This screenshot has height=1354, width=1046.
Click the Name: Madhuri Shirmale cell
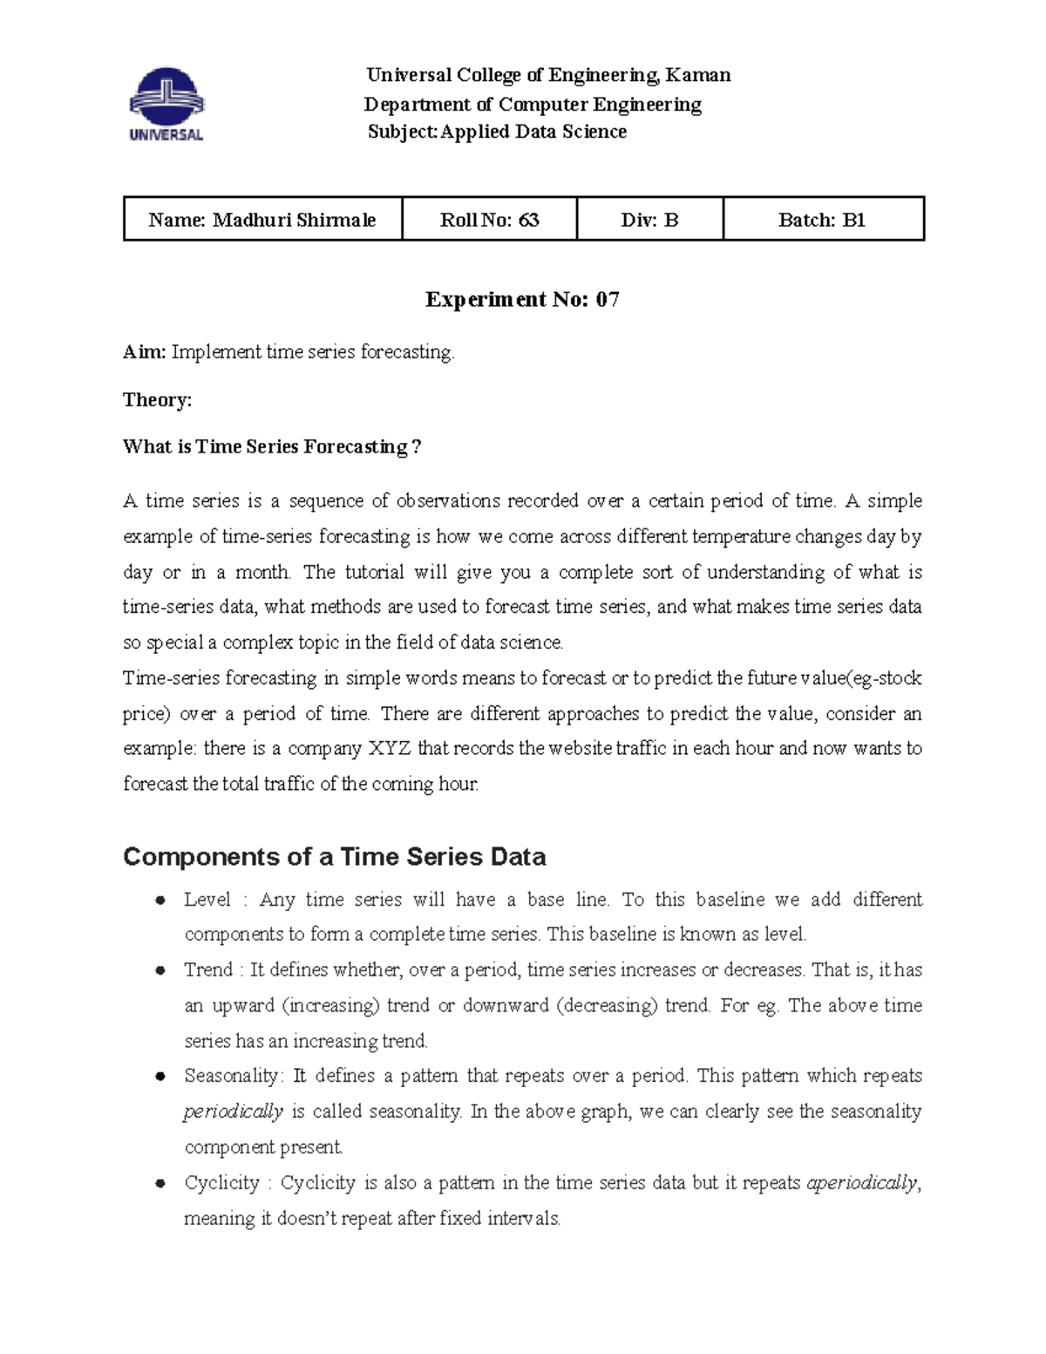(x=262, y=220)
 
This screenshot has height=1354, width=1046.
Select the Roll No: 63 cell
(x=489, y=220)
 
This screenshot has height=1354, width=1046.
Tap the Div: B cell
(x=649, y=220)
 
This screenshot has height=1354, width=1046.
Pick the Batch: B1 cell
(x=822, y=220)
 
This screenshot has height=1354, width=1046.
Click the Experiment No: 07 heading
(x=522, y=300)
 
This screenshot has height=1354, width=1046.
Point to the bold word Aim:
(x=144, y=352)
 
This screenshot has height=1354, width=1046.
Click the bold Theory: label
(x=157, y=400)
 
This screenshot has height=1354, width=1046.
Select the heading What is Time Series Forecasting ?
(x=272, y=447)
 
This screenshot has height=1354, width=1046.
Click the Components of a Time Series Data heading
(x=334, y=857)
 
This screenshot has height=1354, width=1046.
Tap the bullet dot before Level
(x=160, y=901)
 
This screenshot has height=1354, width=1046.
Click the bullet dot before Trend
(x=160, y=971)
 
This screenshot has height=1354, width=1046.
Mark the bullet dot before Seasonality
(x=160, y=1077)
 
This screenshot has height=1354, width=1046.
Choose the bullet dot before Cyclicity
(x=160, y=1184)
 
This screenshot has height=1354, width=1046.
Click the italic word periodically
(x=233, y=1112)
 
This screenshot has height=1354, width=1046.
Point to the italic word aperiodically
(x=862, y=1183)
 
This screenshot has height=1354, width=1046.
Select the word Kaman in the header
(x=698, y=75)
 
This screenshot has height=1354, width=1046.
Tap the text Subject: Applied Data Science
(x=497, y=132)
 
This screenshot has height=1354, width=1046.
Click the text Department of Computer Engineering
(x=533, y=105)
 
